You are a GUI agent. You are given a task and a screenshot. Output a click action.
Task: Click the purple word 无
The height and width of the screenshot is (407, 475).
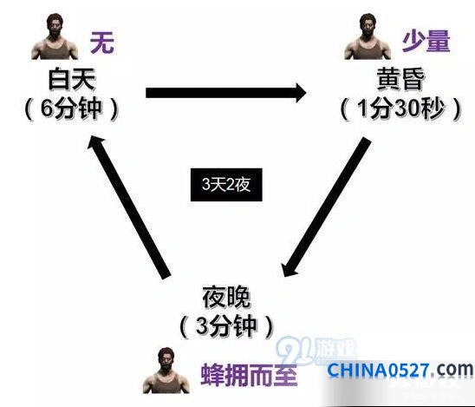pyautogui.click(x=102, y=43)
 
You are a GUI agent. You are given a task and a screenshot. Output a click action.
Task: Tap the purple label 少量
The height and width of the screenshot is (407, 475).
pyautogui.click(x=426, y=42)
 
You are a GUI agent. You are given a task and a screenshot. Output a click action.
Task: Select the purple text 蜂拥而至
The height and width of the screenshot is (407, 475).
pyautogui.click(x=249, y=374)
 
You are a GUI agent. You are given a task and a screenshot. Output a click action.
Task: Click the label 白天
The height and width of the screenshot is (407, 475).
pyautogui.click(x=72, y=80)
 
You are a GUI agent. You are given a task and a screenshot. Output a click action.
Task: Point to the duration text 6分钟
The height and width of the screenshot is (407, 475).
pyautogui.click(x=71, y=108)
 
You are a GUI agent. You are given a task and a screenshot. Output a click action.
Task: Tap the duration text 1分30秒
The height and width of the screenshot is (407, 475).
pyautogui.click(x=400, y=108)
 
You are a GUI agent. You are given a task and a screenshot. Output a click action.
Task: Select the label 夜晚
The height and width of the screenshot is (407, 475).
pyautogui.click(x=226, y=297)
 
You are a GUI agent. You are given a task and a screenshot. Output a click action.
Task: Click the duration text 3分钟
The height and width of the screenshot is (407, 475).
pyautogui.click(x=226, y=326)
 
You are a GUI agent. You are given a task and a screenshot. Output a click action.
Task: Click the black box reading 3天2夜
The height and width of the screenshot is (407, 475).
pyautogui.click(x=226, y=184)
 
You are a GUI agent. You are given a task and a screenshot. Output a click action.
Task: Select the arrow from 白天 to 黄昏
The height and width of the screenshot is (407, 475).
pyautogui.click(x=226, y=93)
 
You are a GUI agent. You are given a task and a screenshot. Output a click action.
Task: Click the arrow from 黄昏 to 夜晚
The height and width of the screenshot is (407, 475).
pyautogui.click(x=326, y=207)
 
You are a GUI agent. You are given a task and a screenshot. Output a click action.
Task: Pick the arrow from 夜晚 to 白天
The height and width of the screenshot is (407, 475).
pyautogui.click(x=129, y=207)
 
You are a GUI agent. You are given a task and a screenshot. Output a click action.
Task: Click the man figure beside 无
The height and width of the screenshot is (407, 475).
pyautogui.click(x=55, y=36)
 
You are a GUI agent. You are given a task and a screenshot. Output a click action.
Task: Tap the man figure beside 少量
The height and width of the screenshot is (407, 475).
pyautogui.click(x=368, y=36)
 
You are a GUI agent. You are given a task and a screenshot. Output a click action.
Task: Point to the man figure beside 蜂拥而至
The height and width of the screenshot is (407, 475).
pyautogui.click(x=166, y=371)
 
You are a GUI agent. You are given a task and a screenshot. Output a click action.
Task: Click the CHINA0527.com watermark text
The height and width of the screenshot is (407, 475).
pyautogui.click(x=400, y=370)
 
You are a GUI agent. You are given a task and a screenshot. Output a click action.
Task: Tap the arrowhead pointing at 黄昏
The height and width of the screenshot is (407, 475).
pyautogui.click(x=300, y=93)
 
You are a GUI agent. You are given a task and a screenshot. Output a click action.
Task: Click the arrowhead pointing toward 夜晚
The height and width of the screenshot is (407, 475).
pyautogui.click(x=288, y=268)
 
